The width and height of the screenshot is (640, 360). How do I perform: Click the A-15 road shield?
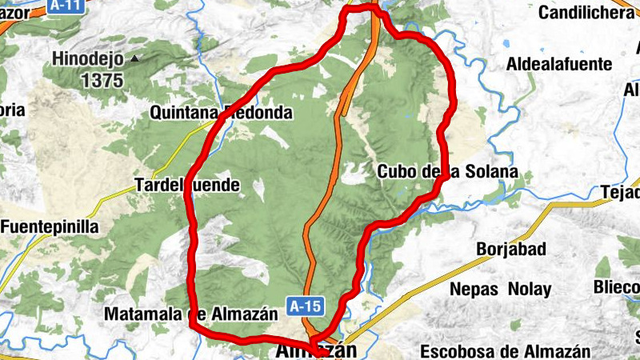[x=306, y=305]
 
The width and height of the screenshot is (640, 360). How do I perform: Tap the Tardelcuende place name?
[x=188, y=186]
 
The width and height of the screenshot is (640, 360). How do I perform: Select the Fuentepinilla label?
[x=50, y=226]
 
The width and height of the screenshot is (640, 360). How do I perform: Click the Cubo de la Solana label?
[x=447, y=172]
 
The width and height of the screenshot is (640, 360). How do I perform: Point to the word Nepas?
[x=473, y=289]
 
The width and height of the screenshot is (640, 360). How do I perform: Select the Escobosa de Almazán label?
[x=505, y=350]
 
